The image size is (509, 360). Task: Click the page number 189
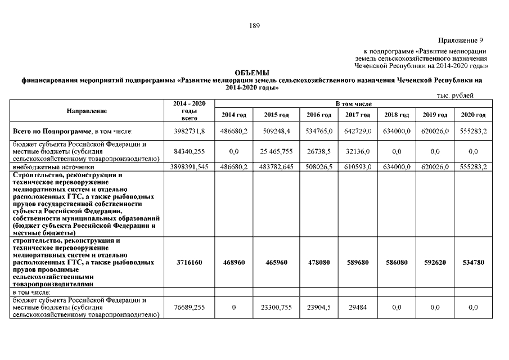(x=254, y=25)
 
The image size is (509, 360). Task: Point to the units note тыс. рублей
(x=455, y=96)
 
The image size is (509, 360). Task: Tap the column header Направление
(x=87, y=111)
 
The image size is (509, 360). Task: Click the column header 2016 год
(x=319, y=115)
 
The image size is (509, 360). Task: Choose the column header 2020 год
(x=473, y=115)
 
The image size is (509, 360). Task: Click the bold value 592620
(x=435, y=262)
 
